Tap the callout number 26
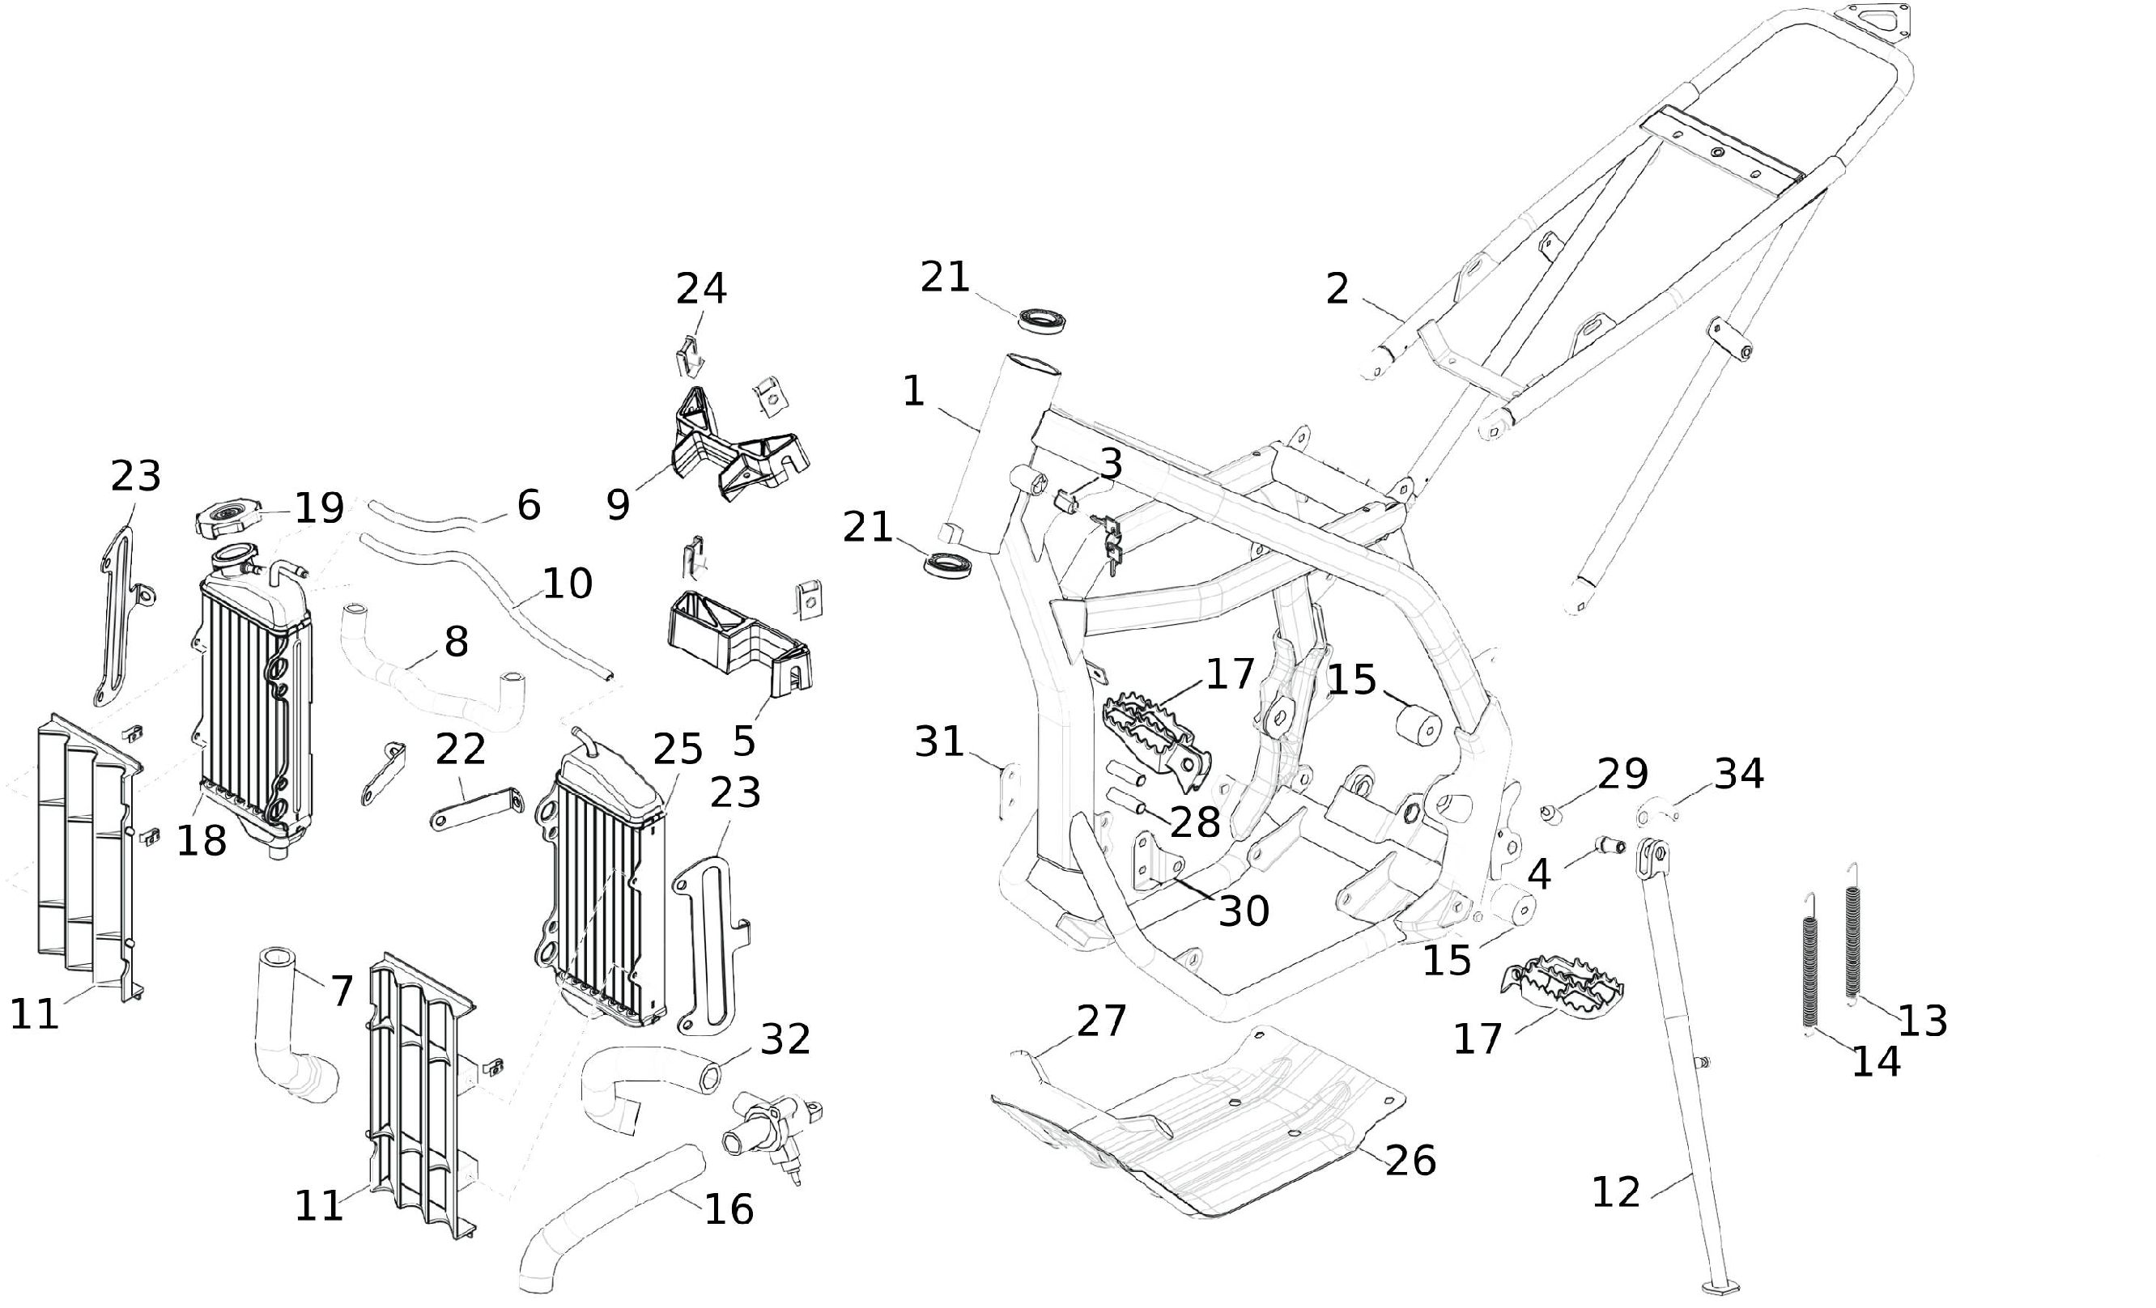[x=1411, y=1160]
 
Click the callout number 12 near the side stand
[x=1615, y=1192]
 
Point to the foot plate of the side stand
[x=1720, y=1287]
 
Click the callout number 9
[x=618, y=506]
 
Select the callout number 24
[x=701, y=289]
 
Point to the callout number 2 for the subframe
[x=1337, y=289]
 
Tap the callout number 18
[x=202, y=841]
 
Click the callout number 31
[x=939, y=742]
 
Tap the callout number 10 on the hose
[x=567, y=584]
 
